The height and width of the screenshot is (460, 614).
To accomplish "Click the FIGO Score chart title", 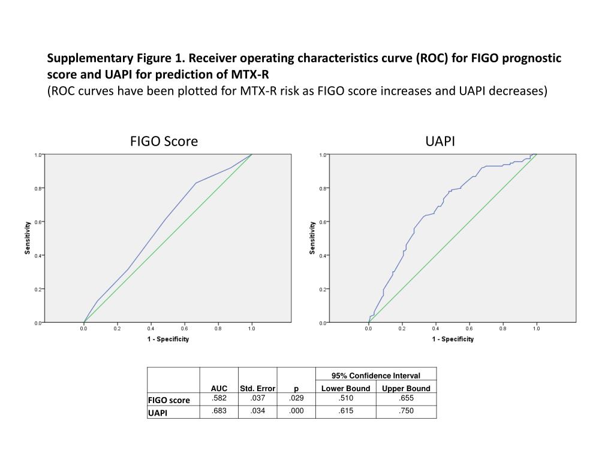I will (x=164, y=141).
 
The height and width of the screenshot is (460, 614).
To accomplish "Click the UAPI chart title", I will (x=441, y=141).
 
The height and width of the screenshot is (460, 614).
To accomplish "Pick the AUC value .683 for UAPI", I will (x=219, y=410).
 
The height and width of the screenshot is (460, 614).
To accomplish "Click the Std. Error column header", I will (x=257, y=388).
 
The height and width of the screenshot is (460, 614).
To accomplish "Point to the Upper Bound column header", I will (x=406, y=388).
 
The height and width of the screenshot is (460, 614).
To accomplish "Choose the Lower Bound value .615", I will (x=346, y=410).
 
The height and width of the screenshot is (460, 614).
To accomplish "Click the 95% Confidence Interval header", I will (x=376, y=376).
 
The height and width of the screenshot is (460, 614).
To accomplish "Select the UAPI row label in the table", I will (x=159, y=412).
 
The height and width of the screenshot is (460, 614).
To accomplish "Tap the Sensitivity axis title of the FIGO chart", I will (x=28, y=238).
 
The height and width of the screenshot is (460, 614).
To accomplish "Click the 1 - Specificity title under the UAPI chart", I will (x=453, y=339).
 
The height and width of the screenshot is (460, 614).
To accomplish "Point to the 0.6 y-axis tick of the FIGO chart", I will (x=38, y=222).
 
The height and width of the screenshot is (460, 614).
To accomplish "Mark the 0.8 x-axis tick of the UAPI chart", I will (x=502, y=328).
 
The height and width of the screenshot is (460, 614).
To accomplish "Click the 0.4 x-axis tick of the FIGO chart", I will (x=151, y=328).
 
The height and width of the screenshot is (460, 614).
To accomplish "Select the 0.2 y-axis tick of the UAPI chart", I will (x=323, y=289).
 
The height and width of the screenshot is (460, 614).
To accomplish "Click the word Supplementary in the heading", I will (x=88, y=59).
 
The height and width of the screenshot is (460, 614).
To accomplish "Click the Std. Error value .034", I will (x=257, y=410).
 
